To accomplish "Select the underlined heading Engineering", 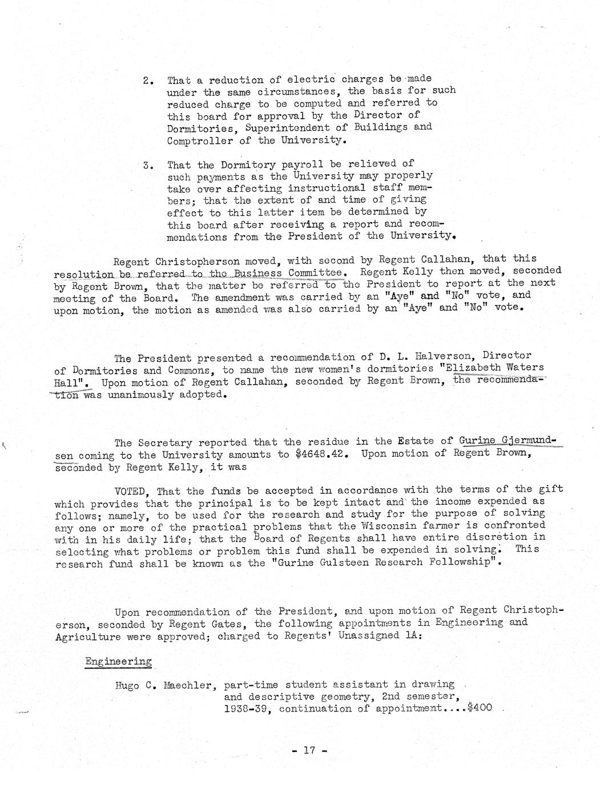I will point(118,661).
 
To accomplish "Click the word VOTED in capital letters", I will point(132,491).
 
